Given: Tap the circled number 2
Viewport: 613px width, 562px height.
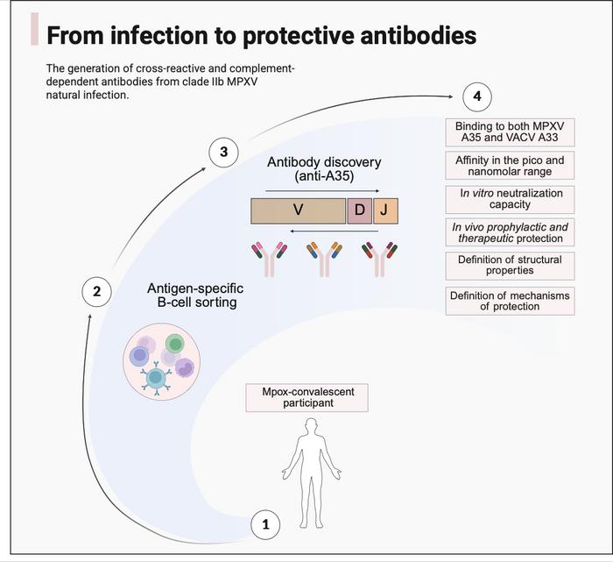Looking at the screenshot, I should [x=96, y=291].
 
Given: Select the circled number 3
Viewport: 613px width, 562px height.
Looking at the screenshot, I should [x=223, y=153].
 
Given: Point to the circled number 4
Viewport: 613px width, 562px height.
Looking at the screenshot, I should [x=476, y=96].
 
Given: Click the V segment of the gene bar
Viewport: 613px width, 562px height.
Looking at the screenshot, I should [x=298, y=211].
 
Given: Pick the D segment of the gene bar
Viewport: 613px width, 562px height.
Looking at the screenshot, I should [x=359, y=211].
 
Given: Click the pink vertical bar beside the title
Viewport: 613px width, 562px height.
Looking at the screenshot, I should [x=34, y=29].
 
